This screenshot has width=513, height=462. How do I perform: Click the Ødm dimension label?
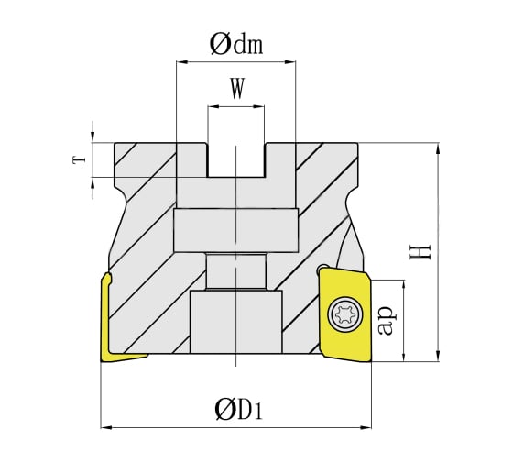[236, 43]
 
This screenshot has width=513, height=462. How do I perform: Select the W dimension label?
[236, 90]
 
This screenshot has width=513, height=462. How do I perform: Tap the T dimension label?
[80, 159]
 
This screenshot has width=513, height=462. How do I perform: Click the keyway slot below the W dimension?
[236, 159]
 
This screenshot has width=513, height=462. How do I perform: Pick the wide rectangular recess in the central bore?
[236, 229]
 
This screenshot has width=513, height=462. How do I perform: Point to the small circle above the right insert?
[322, 269]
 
